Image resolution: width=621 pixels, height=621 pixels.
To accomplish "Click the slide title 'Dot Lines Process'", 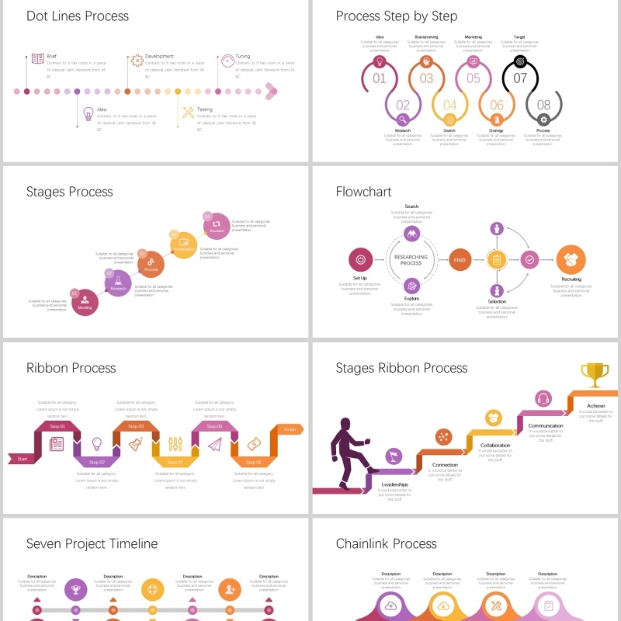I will [78, 16].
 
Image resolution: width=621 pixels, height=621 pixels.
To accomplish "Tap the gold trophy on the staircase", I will [595, 375].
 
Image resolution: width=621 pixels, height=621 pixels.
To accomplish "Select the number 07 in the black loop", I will [520, 78].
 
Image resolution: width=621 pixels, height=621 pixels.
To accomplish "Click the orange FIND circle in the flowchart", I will [460, 260].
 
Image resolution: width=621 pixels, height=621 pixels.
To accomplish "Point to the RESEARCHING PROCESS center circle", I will [411, 260].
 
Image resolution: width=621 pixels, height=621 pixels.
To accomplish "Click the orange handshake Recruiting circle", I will [571, 260].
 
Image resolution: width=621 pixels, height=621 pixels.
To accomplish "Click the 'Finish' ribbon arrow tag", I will [290, 429].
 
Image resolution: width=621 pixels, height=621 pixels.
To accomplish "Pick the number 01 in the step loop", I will [380, 78].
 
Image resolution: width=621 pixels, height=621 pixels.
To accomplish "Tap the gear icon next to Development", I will [137, 60].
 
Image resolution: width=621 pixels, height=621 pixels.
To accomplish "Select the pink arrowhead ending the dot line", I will [271, 92].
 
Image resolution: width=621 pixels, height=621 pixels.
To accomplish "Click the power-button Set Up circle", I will [360, 260].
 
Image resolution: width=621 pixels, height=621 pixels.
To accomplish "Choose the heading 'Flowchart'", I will [364, 192].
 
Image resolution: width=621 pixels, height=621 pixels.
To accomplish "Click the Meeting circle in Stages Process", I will [85, 300].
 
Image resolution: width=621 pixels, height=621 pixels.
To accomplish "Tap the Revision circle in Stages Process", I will [217, 225].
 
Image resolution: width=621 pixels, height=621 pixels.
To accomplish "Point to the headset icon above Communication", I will [543, 398].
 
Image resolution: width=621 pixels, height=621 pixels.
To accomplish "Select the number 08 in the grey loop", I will [543, 106].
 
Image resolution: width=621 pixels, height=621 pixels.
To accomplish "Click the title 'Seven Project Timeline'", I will [92, 544].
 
